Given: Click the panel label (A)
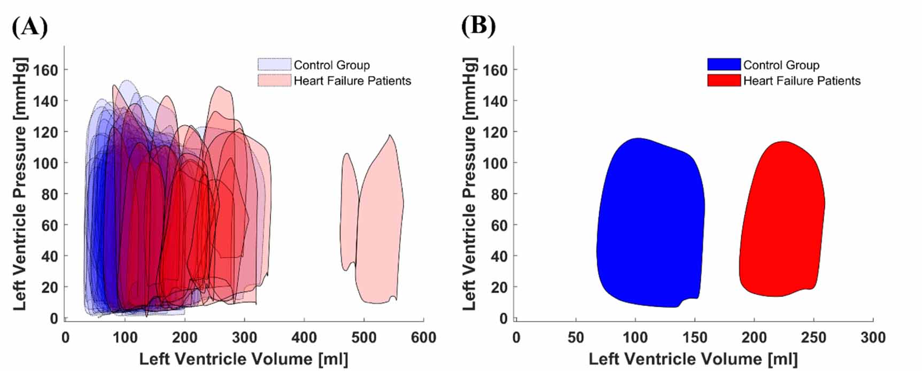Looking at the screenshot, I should (30, 26).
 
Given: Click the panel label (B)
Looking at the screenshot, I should (478, 26).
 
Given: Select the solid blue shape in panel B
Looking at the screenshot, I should (649, 225).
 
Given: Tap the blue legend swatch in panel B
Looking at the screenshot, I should (724, 65).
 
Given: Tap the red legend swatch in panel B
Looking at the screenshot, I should (724, 81).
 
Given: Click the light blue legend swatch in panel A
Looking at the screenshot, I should (274, 65).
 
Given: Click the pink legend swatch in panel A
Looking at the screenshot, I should (274, 81).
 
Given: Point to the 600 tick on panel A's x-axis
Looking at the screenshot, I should (423, 338).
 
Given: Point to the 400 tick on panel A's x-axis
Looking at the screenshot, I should (304, 338).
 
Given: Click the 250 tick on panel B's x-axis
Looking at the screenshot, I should (813, 338).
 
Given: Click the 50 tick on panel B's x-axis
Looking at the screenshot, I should (576, 338).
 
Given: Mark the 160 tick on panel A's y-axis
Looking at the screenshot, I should (46, 69).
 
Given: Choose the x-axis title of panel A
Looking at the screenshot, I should (244, 359).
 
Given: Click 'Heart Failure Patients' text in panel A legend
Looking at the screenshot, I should (352, 81).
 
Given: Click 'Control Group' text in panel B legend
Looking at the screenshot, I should (781, 65).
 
